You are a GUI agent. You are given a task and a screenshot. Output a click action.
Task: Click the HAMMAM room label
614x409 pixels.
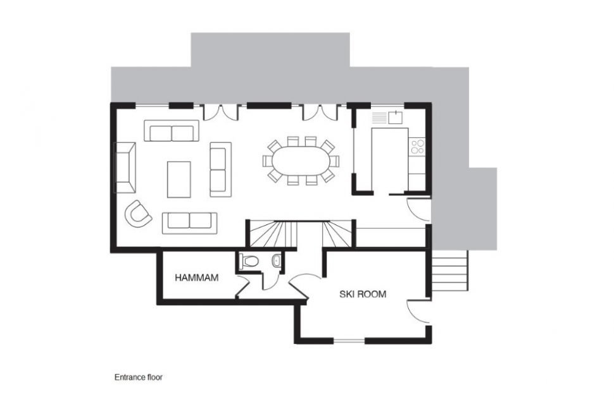pos(197,278)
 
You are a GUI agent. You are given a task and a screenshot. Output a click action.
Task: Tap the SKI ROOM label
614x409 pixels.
pos(363,294)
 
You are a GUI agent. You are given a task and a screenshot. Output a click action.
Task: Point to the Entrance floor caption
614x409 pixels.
pos(138,377)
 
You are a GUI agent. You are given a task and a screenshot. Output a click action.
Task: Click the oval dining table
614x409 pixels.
pos(301,161)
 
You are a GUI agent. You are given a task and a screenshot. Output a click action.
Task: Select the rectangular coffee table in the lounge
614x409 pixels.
pos(179,180)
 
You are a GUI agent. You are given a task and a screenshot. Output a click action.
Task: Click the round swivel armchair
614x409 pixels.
pos(138,214)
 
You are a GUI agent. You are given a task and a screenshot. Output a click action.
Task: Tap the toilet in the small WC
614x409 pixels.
pos(249,260)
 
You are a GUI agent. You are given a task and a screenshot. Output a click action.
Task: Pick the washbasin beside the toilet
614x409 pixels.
pos(277,260)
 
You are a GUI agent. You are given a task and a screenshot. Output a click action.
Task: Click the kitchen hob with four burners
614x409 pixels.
pos(417,146)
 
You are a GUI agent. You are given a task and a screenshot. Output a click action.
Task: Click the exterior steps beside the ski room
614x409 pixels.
pos(449,270)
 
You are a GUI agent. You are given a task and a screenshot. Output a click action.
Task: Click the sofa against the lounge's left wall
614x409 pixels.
pos(125,168)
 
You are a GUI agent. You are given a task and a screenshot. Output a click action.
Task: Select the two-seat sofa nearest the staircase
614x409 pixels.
pos(189,223)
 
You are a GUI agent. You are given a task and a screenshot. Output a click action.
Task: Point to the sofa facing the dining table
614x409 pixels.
pos(220,169)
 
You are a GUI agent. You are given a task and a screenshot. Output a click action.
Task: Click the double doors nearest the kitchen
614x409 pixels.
pos(320,112)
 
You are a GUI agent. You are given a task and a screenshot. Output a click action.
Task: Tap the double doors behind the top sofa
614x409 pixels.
pos(220,113)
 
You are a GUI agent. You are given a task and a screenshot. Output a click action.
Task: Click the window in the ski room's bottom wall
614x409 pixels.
pos(349,341)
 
